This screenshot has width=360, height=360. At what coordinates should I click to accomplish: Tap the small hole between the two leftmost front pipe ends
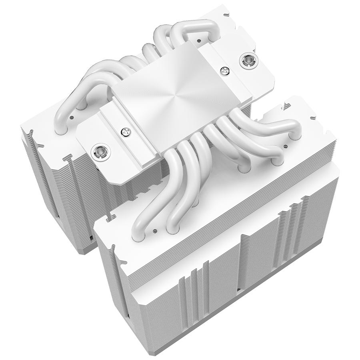pyautogui.click(x=154, y=231)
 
